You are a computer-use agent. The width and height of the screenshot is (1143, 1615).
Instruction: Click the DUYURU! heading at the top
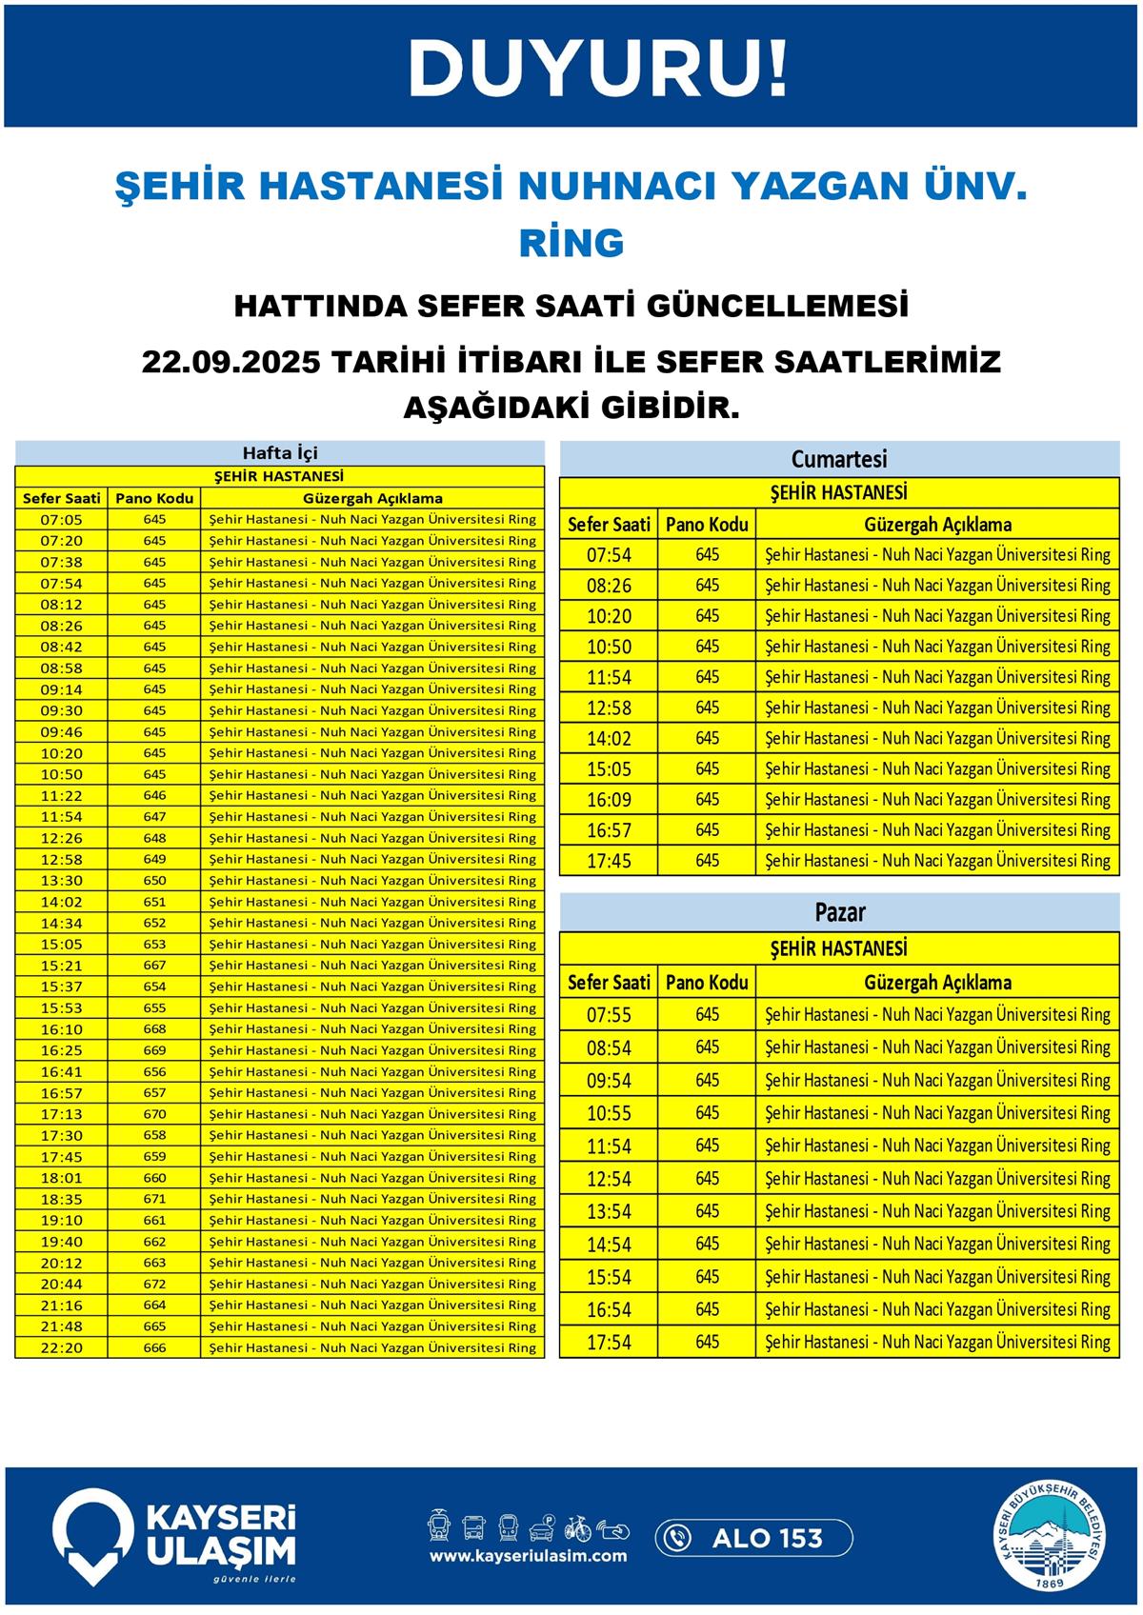tap(597, 68)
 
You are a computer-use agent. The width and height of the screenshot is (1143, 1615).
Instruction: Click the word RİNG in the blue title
tap(571, 243)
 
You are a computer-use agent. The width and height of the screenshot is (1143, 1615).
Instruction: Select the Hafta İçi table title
tap(279, 453)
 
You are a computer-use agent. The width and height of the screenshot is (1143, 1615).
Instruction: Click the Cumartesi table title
tap(839, 459)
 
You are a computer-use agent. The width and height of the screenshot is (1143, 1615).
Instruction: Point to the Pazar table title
tap(839, 912)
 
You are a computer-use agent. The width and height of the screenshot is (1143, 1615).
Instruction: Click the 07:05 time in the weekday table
tap(61, 520)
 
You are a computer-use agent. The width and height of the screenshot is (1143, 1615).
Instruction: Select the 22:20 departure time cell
tap(61, 1347)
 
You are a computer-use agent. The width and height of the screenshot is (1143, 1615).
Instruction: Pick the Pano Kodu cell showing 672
tap(154, 1284)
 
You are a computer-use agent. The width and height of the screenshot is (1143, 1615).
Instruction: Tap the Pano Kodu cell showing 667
tap(154, 965)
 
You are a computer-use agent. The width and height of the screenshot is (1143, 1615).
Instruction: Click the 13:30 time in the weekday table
tap(61, 880)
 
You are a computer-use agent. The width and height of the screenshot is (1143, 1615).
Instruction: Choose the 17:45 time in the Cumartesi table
tap(609, 861)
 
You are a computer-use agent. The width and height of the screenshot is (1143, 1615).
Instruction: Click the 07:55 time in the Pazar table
tap(609, 1015)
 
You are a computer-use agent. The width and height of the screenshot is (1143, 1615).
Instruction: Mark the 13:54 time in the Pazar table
tap(609, 1211)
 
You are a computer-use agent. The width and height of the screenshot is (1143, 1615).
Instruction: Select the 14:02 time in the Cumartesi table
tap(609, 738)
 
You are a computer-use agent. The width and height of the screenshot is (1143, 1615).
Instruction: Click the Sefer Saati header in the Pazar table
tap(609, 982)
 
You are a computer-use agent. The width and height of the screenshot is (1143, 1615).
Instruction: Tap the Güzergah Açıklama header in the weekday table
tap(372, 498)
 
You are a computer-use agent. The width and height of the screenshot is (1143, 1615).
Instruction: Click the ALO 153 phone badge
tap(753, 1538)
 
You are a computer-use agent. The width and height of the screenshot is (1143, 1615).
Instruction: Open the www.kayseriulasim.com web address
tap(528, 1556)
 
